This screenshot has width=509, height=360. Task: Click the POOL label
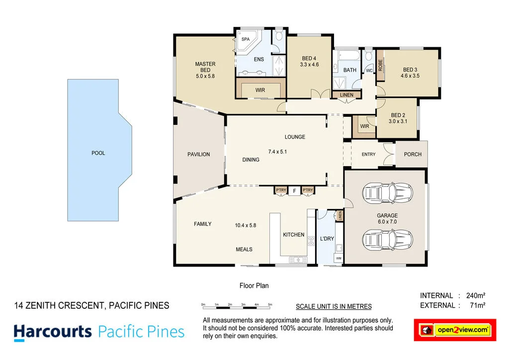point(98,153)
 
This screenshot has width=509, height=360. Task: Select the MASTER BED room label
point(205,70)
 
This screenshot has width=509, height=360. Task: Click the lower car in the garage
point(388,239)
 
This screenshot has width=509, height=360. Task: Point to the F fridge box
point(294,190)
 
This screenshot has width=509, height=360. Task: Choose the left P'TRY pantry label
point(281,190)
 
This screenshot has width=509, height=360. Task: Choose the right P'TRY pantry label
point(308,190)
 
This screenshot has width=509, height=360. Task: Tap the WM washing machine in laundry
point(339,259)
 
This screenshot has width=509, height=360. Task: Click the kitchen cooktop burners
point(311,241)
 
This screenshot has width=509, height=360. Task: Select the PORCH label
point(413,154)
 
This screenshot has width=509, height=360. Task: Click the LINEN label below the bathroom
point(346,95)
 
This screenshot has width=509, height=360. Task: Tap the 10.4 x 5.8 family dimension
point(246,225)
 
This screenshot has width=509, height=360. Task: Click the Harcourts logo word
point(53,332)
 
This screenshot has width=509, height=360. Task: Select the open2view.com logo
point(455,330)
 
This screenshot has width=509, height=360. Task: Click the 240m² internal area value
point(475,296)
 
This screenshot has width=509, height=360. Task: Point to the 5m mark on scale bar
point(270,304)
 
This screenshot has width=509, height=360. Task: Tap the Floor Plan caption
point(254,286)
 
